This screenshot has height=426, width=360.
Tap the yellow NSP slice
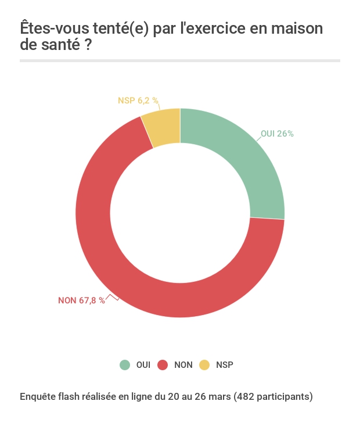(x=164, y=126)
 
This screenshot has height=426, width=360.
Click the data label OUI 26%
(x=277, y=134)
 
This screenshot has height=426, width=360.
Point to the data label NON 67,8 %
(x=81, y=300)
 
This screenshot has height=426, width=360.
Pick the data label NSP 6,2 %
(x=138, y=101)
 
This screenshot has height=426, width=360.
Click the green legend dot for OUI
(x=125, y=365)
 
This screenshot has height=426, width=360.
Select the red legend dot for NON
(x=163, y=365)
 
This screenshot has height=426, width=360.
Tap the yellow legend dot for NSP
(x=204, y=365)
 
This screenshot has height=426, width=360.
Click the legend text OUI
(x=143, y=365)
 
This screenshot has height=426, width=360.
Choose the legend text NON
(x=183, y=365)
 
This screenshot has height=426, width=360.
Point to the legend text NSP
(x=225, y=365)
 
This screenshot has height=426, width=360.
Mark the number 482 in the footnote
(x=246, y=397)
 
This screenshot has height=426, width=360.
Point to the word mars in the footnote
(x=220, y=397)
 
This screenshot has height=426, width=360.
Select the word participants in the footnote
(x=283, y=397)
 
